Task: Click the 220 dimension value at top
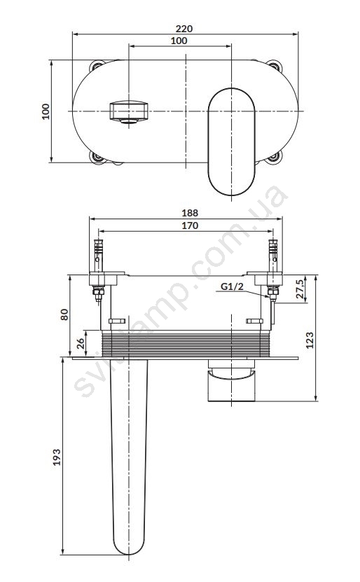(184, 29)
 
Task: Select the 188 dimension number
(190, 213)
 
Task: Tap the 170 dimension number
(190, 226)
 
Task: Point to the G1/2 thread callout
(232, 286)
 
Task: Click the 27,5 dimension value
(300, 289)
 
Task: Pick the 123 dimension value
(310, 340)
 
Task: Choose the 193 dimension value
(57, 457)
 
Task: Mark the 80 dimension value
(64, 314)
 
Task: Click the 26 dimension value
(81, 343)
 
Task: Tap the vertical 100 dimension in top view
(46, 111)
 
